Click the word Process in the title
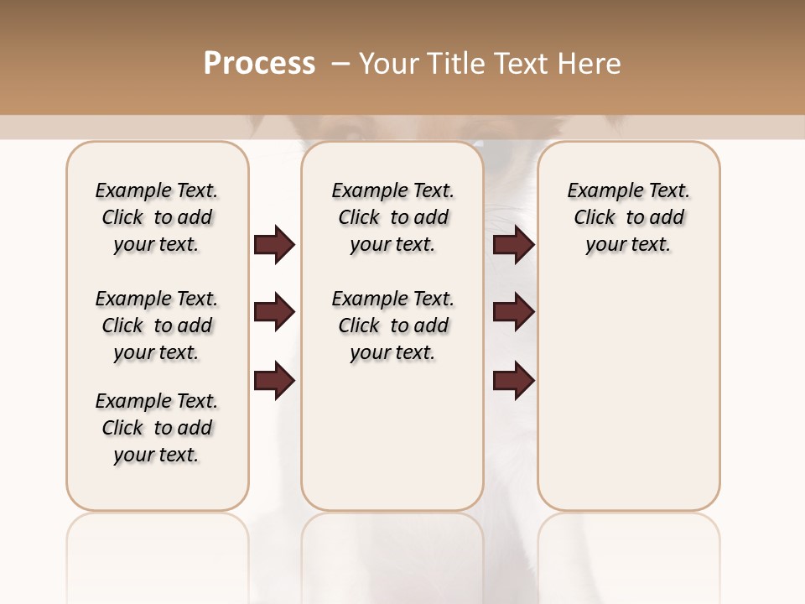tap(259, 63)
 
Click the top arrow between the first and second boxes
tap(274, 244)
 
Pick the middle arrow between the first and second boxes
tap(274, 312)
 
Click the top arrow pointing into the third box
tap(513, 244)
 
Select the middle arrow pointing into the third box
tap(513, 312)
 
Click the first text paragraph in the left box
tap(157, 217)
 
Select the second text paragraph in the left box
tap(157, 325)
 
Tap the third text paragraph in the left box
tap(157, 428)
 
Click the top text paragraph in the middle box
tap(392, 217)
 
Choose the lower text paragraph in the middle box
tap(392, 325)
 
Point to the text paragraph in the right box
tap(628, 217)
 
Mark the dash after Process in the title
tap(340, 64)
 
